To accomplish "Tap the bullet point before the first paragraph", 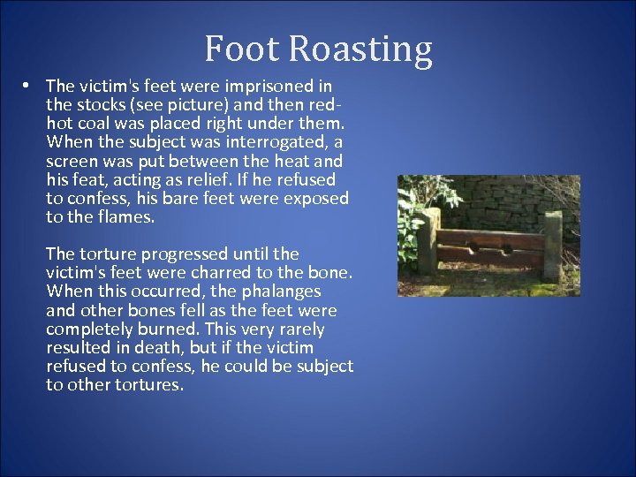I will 28,86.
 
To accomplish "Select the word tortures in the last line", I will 149,385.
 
